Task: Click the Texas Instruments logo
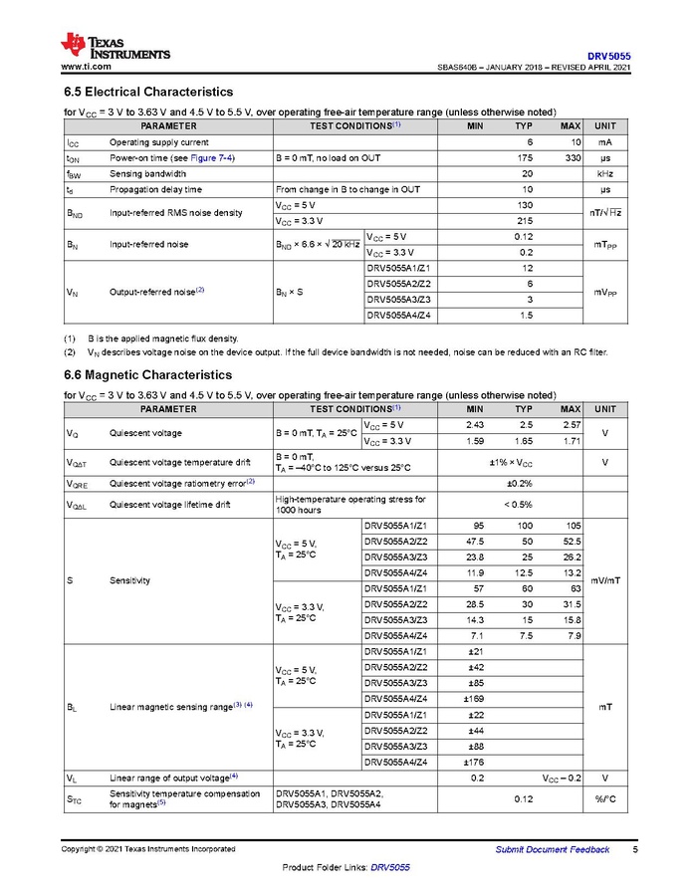[115, 46]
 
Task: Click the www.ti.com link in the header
[86, 67]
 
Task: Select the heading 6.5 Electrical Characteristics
[148, 92]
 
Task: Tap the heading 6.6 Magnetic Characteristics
[147, 374]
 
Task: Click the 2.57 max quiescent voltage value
[571, 426]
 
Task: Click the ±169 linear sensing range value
[476, 700]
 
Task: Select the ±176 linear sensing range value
[476, 763]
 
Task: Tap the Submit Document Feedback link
[553, 849]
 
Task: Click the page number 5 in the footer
[635, 849]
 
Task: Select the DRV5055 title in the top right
[608, 56]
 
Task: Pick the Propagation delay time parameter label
[155, 189]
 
